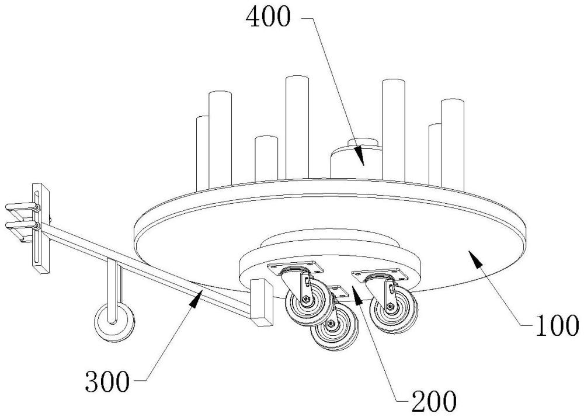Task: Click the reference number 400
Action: (267, 18)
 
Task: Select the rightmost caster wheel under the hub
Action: (392, 307)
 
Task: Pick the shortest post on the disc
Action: (266, 157)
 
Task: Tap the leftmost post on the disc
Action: (203, 151)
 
